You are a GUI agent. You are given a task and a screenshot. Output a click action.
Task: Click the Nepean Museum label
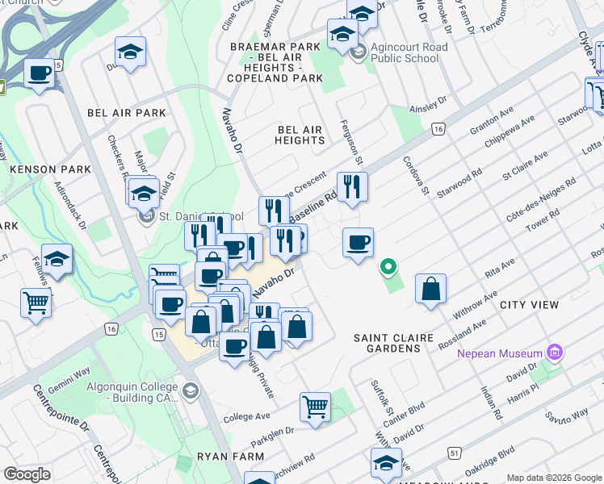point(499,353)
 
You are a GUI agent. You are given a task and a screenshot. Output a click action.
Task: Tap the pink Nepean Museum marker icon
point(553,353)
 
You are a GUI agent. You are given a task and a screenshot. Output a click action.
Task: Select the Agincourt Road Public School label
point(409,53)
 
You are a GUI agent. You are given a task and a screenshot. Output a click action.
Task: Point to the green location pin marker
point(388,265)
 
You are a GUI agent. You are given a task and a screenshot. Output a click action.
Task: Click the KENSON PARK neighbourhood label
point(44,169)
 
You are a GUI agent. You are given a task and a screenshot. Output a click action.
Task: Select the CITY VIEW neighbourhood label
point(529,305)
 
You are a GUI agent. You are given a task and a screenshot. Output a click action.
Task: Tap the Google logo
point(27,474)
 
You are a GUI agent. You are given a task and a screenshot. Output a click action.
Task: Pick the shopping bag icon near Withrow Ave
point(431,289)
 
